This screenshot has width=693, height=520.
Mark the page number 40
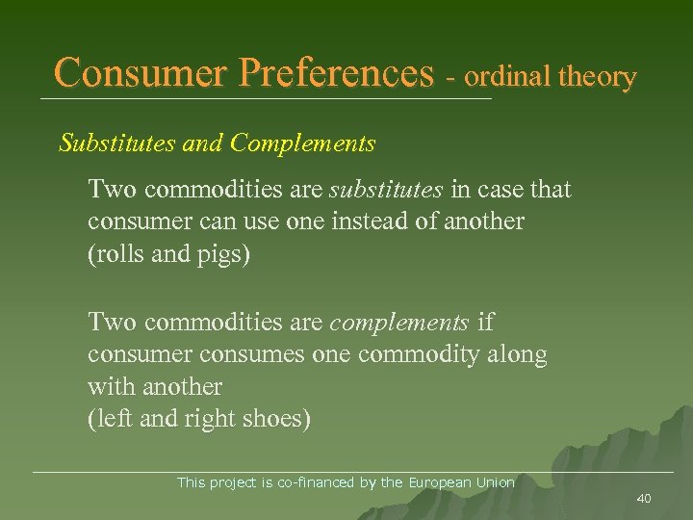pos(644,498)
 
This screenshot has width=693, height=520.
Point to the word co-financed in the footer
pos(317,481)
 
